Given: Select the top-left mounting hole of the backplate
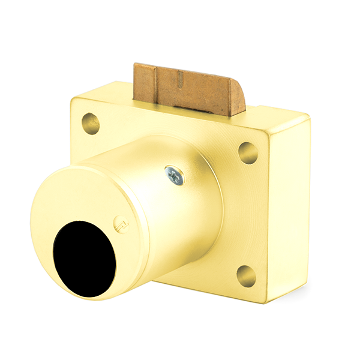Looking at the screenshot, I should point(90,123).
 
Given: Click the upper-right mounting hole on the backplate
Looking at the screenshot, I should point(248,152).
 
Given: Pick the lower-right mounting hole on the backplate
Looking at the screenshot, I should point(246,275).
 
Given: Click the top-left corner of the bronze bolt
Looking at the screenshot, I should point(136,65).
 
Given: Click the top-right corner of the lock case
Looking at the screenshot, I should point(309,120).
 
